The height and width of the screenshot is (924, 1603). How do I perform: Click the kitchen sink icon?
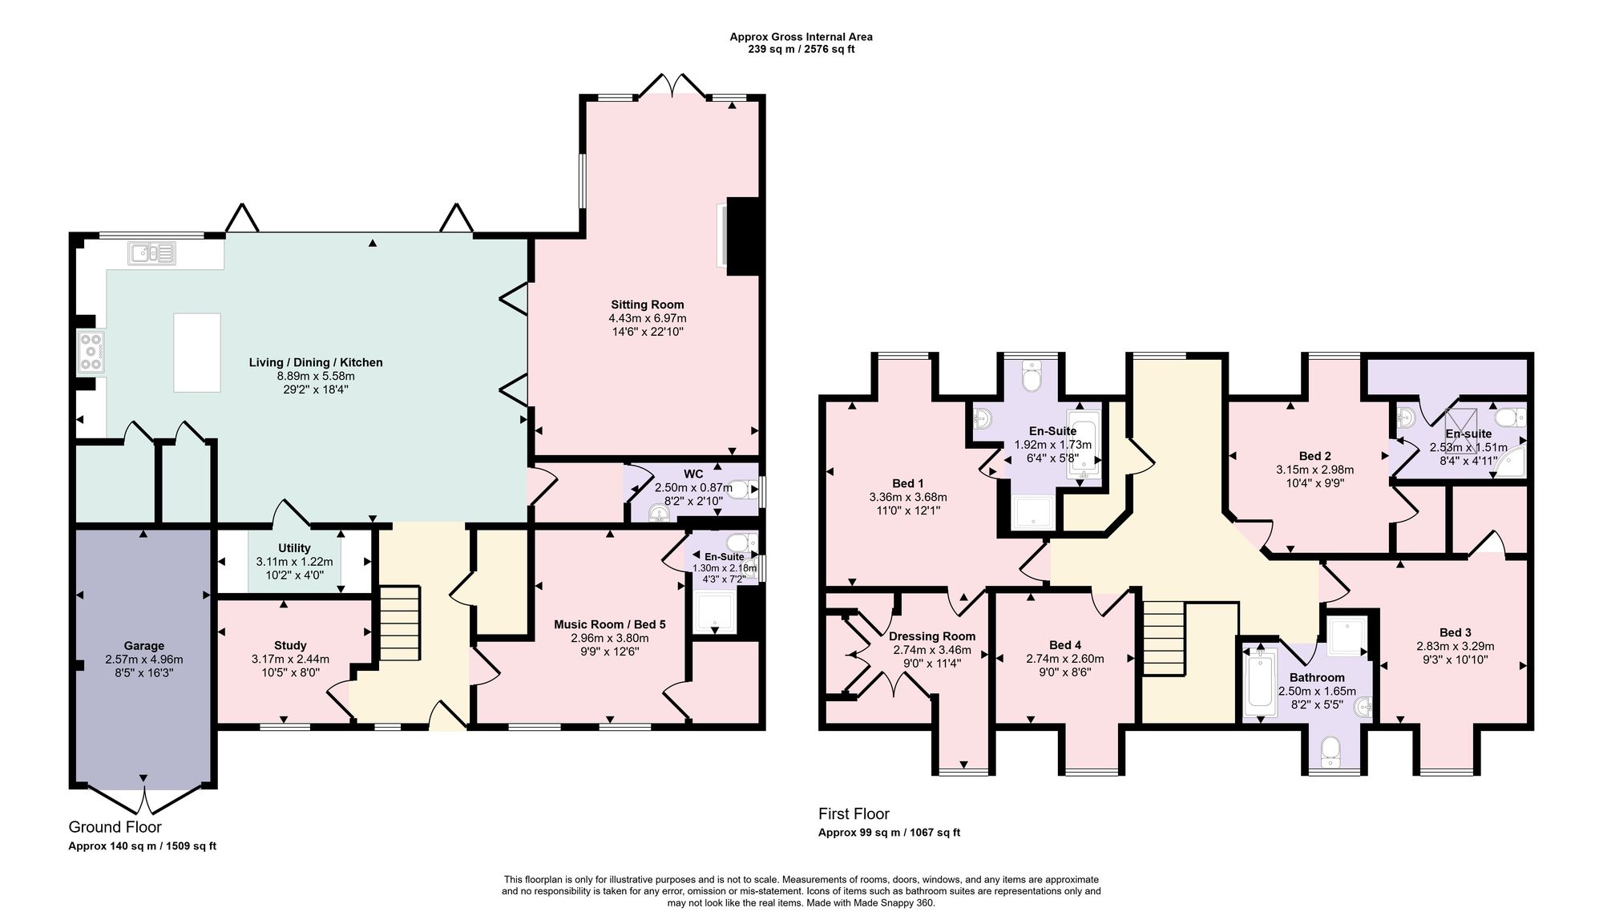pos(151,253)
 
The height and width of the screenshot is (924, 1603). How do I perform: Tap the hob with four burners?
pos(91,352)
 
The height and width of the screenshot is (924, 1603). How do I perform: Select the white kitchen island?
pos(197,353)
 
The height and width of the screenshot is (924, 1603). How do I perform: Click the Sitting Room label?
pos(648,305)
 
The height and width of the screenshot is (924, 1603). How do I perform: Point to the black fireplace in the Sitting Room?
pos(742,236)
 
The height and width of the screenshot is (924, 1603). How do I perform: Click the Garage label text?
pos(144,646)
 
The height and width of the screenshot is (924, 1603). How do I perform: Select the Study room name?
pos(290,645)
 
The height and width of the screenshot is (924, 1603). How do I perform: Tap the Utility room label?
pos(294,548)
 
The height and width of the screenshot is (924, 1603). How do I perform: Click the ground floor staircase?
pos(398,623)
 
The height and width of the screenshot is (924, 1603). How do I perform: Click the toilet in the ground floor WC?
pos(742,490)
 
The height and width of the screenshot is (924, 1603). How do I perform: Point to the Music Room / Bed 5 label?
pos(610,624)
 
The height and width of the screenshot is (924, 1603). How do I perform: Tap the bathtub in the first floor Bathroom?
pos(1260,682)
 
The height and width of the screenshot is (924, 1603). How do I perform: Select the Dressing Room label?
pos(932,636)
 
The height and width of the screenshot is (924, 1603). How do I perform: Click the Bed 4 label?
pos(1065,645)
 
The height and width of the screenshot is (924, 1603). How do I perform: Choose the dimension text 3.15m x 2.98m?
pos(1315,470)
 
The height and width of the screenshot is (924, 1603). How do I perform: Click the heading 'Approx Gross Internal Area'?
pos(801,37)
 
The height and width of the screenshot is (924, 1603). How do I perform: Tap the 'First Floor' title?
pos(854,813)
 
